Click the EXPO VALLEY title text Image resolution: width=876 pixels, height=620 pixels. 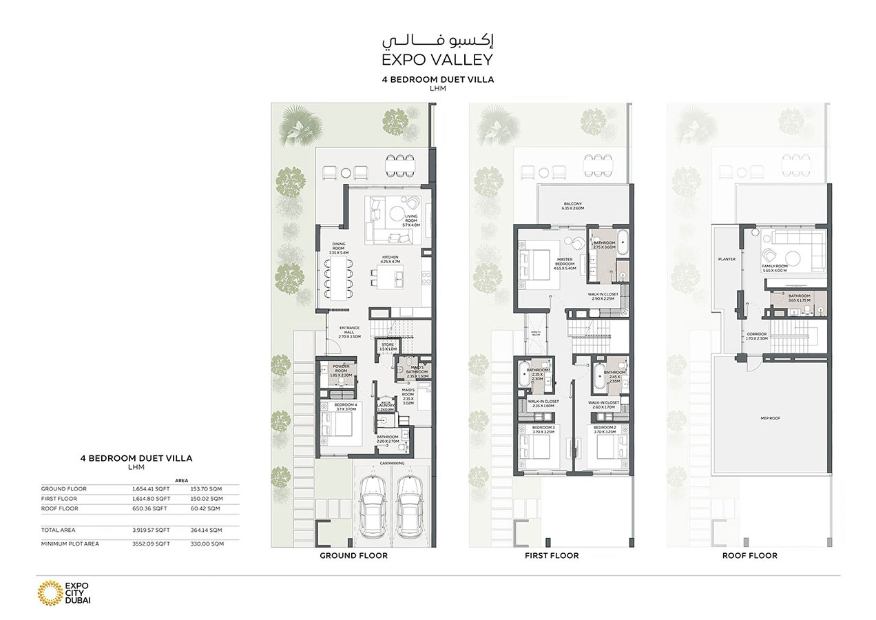pos(437,59)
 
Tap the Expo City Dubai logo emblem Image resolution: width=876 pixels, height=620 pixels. pos(49,592)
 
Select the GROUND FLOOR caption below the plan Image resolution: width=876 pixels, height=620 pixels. pos(353,555)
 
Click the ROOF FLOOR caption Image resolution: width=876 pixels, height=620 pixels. pos(749,555)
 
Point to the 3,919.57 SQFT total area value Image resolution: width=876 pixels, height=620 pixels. pos(151,530)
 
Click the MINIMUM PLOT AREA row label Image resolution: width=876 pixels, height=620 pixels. pos(70,544)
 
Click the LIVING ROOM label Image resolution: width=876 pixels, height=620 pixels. pos(411,220)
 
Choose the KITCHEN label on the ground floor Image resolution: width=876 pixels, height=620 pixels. pos(390,260)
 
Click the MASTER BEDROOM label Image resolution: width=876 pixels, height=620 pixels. pos(565,264)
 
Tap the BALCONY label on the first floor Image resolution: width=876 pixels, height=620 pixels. pos(573,205)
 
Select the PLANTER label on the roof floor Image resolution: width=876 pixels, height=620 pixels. pos(726,260)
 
